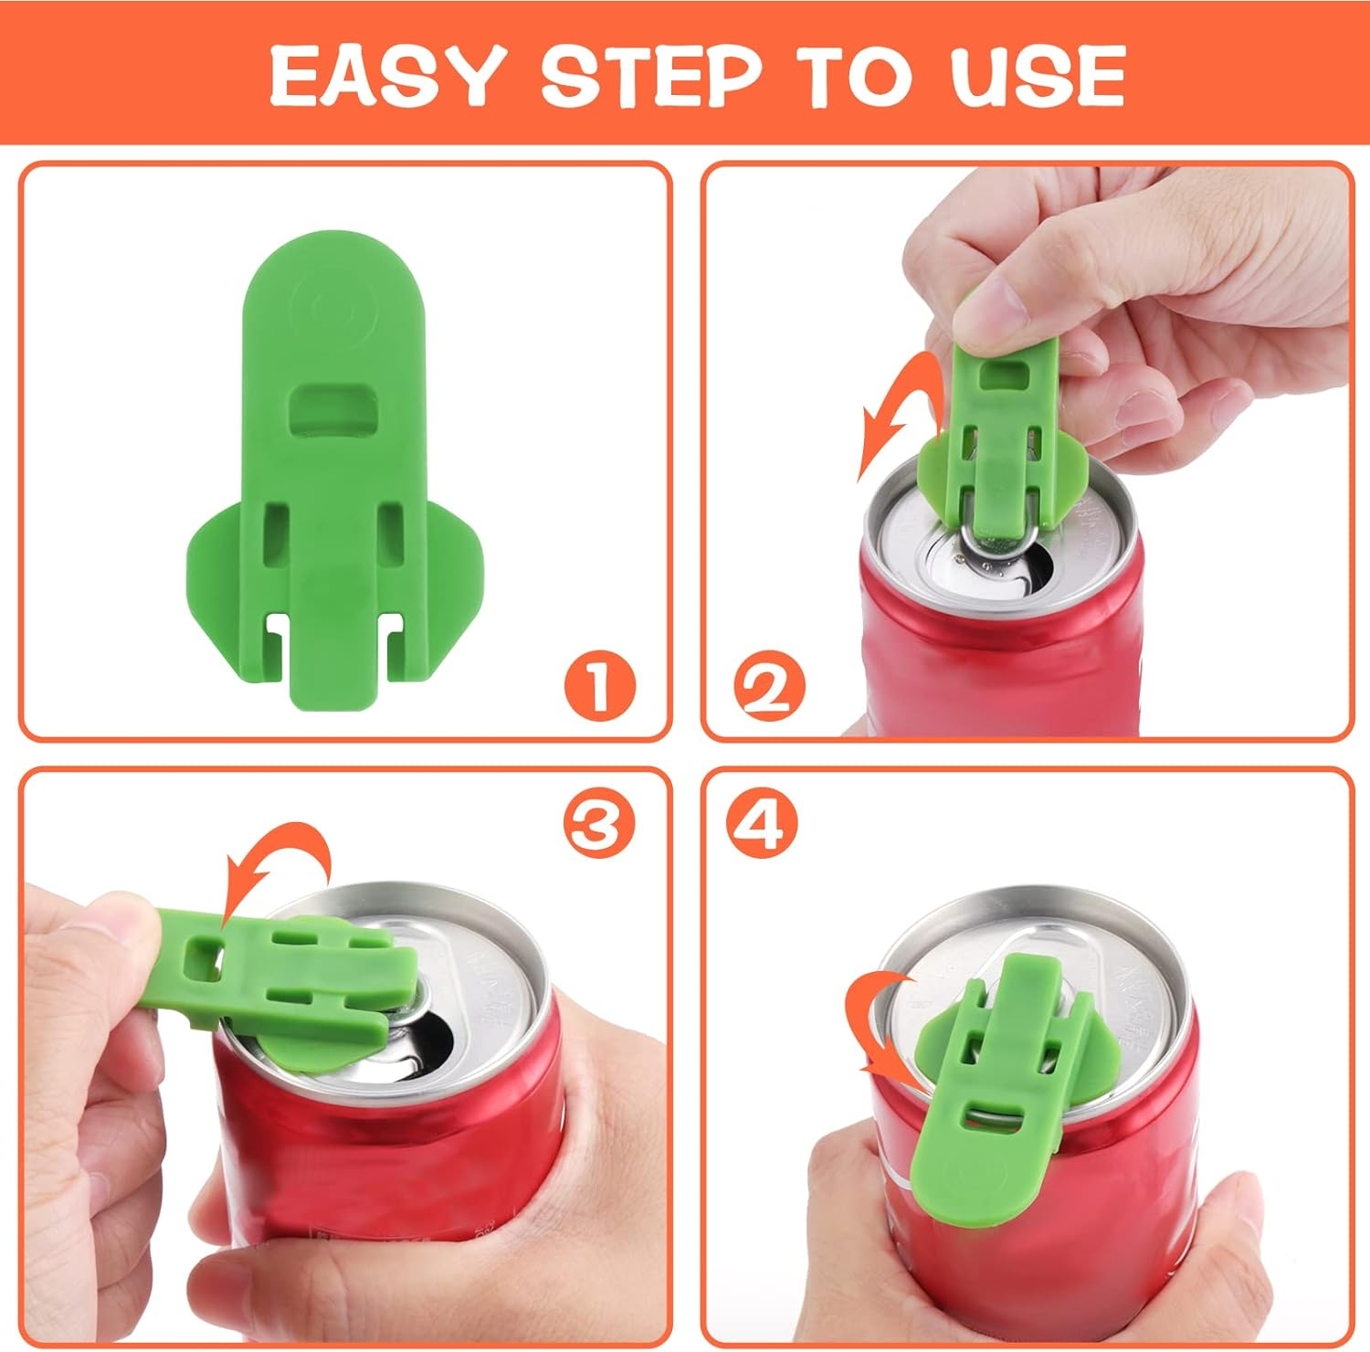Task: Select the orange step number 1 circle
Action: pyautogui.click(x=599, y=687)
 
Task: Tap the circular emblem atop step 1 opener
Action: pyautogui.click(x=333, y=311)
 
